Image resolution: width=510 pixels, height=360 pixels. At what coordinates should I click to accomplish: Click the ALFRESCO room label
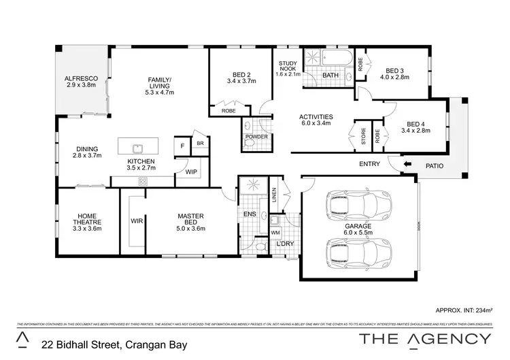81,79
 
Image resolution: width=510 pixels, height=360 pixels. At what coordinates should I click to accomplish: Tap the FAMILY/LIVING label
160,84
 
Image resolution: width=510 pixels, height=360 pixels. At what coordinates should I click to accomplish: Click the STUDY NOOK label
288,67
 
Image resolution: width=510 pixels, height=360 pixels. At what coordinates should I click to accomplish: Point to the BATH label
330,75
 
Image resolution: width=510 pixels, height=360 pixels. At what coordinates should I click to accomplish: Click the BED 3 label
394,70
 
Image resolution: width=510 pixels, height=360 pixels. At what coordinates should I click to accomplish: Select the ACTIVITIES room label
316,117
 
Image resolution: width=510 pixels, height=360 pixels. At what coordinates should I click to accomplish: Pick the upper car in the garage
360,203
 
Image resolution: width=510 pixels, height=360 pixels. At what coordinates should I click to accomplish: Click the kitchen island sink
136,146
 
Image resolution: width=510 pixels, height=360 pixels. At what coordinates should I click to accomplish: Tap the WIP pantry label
190,172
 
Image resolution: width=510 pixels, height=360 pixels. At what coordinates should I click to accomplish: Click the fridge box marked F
182,146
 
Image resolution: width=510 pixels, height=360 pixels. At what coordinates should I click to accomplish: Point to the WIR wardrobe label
135,221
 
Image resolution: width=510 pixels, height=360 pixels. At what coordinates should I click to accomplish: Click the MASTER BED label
191,216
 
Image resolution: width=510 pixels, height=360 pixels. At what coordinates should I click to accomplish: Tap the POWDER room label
256,137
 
